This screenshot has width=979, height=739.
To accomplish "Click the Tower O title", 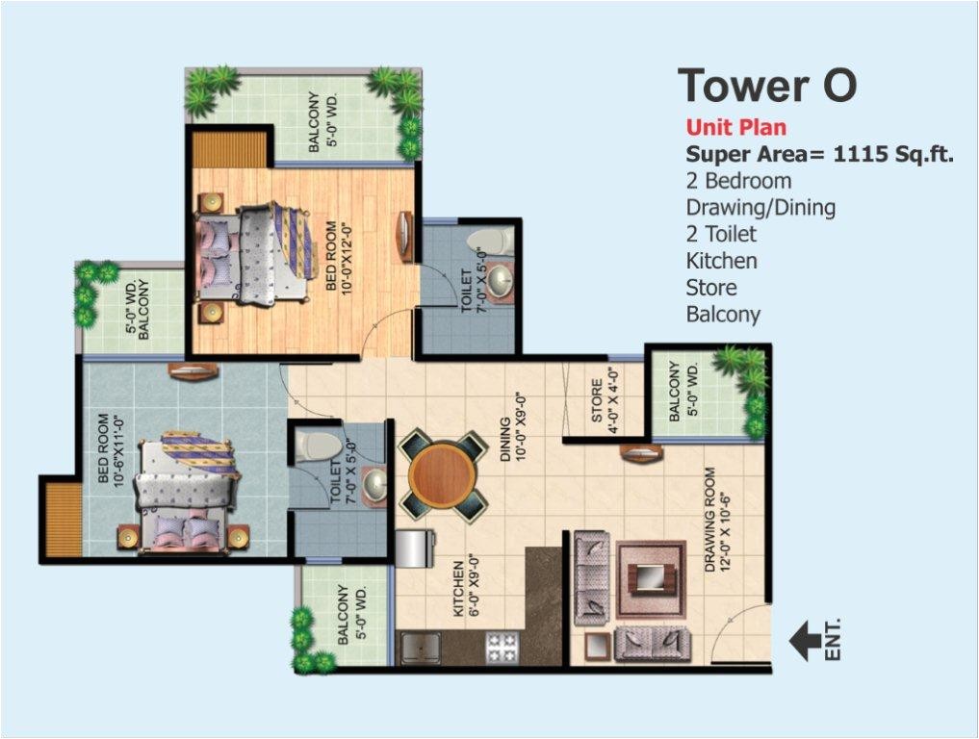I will (x=767, y=85).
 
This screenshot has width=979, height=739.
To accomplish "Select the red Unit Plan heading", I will (x=735, y=127).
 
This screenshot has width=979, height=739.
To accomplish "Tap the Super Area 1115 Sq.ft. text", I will (x=819, y=154).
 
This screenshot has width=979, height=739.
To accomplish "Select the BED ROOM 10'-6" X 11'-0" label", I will (x=113, y=450).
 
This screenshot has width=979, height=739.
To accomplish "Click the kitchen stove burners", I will (x=503, y=647).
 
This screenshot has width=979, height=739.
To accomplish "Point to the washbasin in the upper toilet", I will (x=500, y=279).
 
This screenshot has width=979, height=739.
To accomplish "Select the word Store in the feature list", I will (x=711, y=287).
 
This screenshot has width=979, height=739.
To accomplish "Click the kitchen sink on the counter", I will (x=420, y=649).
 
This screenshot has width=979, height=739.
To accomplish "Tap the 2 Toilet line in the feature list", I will (x=721, y=234).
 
